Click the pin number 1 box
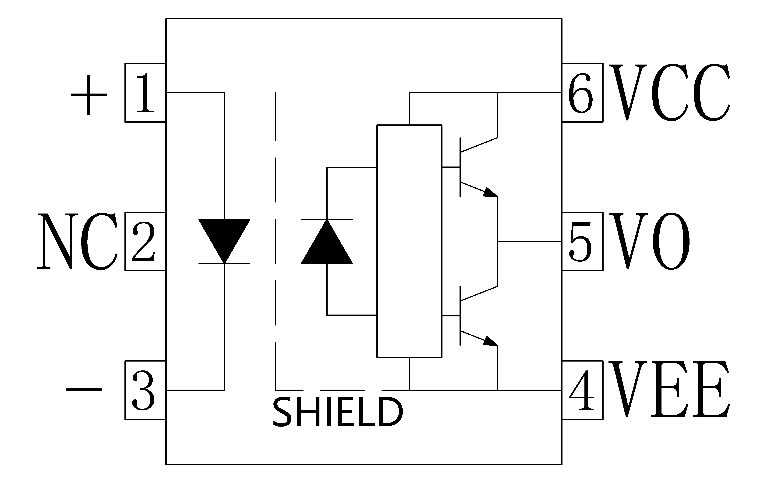(145, 93)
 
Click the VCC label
(669, 93)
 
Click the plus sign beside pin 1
(89, 95)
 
